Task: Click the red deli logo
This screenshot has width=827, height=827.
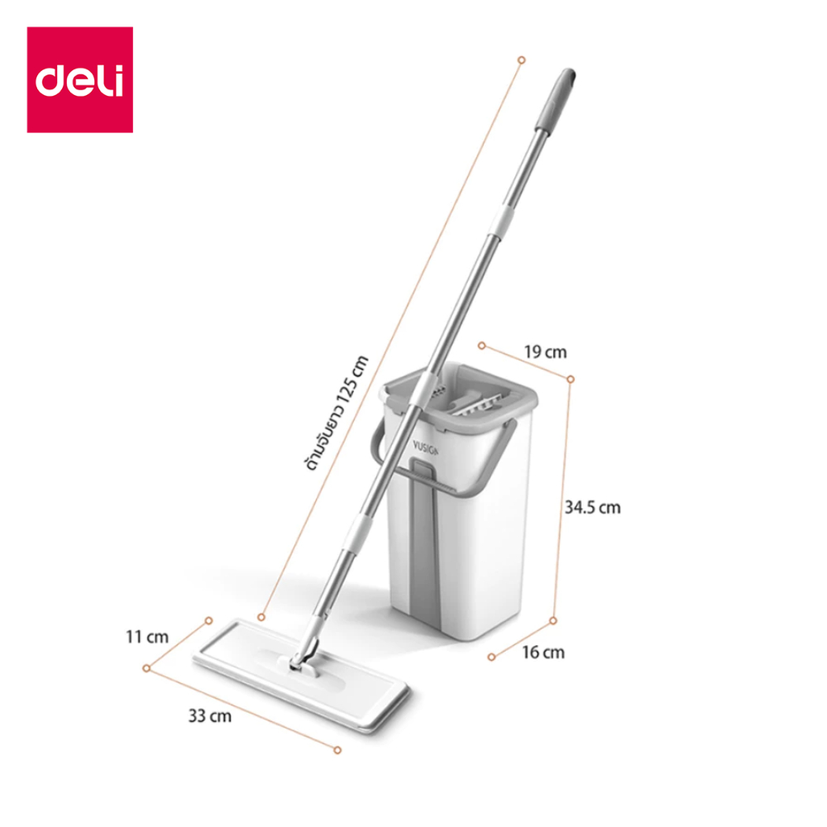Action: coord(80,79)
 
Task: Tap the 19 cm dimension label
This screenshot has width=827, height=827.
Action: coord(545,351)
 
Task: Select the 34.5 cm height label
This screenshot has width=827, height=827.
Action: coord(592,508)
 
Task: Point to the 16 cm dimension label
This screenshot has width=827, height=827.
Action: coord(543,653)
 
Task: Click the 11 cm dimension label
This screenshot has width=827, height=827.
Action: coord(147,637)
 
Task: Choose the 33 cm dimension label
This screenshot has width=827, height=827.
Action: coord(210,716)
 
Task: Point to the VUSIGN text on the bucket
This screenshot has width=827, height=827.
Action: coord(425,449)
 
